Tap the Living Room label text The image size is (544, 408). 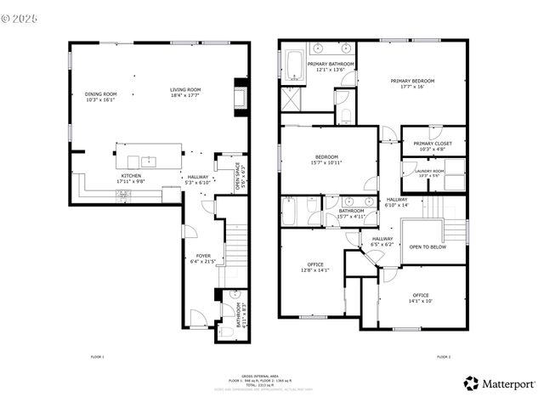click(x=184, y=92)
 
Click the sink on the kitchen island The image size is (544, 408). click(x=149, y=159)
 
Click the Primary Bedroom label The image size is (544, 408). click(x=412, y=83)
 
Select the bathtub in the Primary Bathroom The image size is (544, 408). click(x=293, y=68)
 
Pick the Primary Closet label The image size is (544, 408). click(x=433, y=146)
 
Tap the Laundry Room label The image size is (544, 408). click(x=428, y=173)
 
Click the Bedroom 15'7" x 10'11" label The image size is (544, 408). click(x=327, y=159)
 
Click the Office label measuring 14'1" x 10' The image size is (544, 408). click(x=421, y=297)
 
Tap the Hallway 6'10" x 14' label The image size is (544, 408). click(x=396, y=202)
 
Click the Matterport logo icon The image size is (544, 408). click(x=471, y=384)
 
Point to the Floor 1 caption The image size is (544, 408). click(x=97, y=356)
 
